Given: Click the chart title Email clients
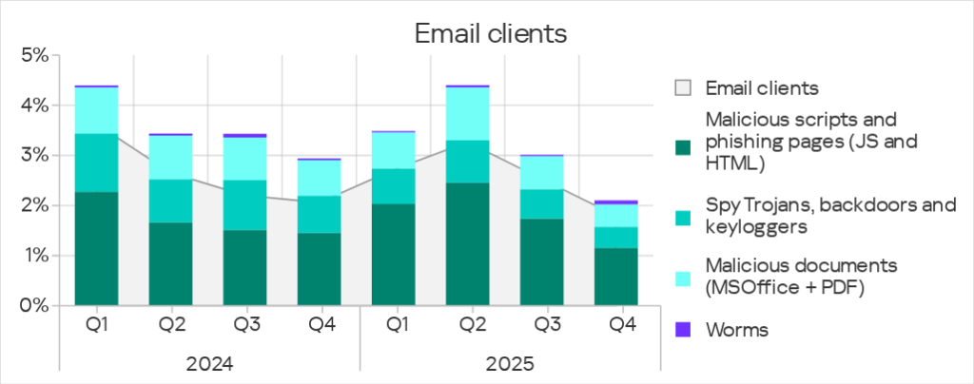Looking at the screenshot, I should tap(490, 34).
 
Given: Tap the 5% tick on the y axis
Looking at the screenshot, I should tap(34, 55).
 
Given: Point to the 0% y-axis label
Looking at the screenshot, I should tap(34, 306).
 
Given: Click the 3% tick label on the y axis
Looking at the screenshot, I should tap(34, 155).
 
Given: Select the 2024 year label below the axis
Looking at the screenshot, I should tap(209, 364).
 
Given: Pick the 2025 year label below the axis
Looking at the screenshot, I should tap(509, 364).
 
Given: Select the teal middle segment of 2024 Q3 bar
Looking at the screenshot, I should tap(246, 204).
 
